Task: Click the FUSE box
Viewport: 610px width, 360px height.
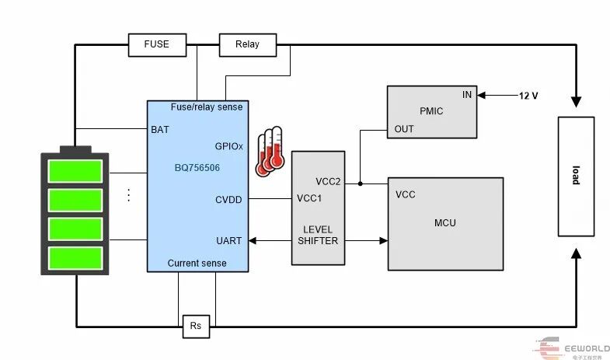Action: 157,45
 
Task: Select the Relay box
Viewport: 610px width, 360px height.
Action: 248,45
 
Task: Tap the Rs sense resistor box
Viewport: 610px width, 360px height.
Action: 196,326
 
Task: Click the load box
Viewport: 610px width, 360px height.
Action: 576,177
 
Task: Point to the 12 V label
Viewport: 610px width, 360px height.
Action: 528,96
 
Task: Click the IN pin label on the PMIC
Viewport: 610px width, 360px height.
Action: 467,95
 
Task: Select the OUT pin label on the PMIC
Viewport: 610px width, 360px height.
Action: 404,129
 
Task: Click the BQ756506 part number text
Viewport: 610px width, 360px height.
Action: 197,168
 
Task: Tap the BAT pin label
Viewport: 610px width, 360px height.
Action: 160,130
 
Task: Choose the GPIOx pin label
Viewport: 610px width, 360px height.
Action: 228,146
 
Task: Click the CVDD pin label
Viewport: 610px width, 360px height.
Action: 228,200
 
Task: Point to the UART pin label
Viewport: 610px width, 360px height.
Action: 228,241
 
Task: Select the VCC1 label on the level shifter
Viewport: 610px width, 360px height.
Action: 309,198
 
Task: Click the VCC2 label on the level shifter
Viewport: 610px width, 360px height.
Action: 328,182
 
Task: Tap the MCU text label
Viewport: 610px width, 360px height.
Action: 445,223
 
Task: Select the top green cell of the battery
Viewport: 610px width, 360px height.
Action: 75,171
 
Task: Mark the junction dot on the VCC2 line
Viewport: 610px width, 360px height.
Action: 361,183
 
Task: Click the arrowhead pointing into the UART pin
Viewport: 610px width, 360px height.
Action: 252,241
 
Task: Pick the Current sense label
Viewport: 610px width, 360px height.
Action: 197,264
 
